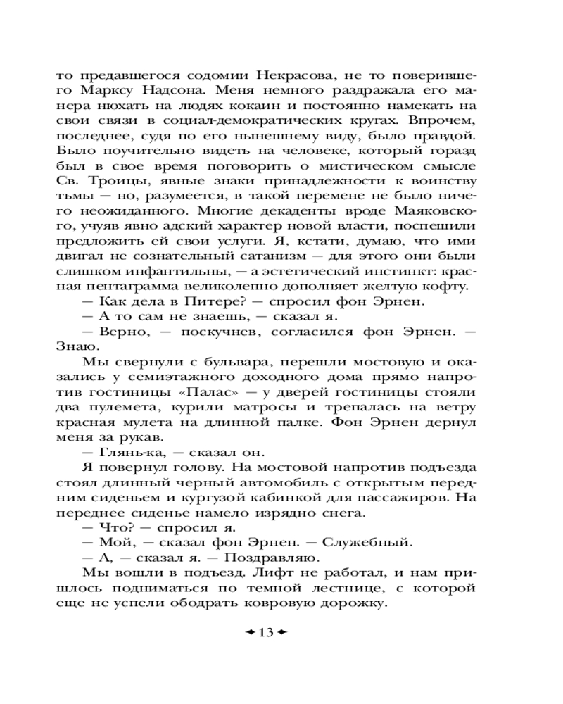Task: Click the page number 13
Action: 265,632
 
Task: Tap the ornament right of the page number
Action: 282,632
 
